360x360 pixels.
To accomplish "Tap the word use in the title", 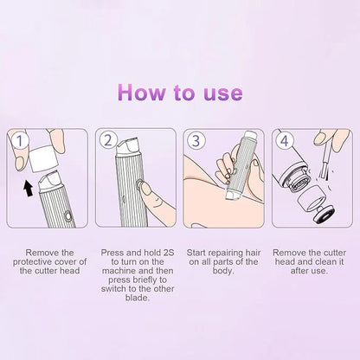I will pyautogui.click(x=219, y=93).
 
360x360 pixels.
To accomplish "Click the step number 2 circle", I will pyautogui.click(x=108, y=138).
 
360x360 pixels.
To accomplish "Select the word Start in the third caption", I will pyautogui.click(x=198, y=251).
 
